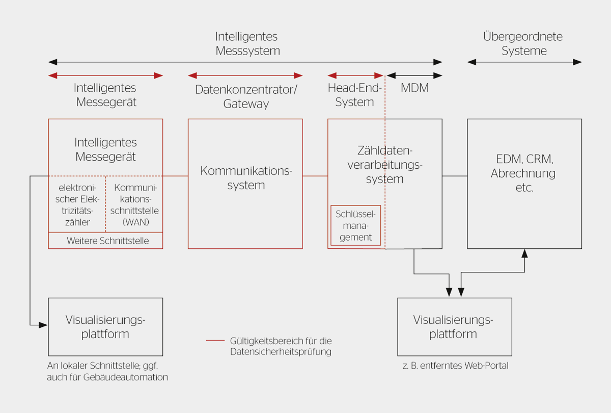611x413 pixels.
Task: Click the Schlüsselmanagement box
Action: point(356,225)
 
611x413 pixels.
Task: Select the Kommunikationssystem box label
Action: point(246,178)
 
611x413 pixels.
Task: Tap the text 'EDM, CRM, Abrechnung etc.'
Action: point(524,172)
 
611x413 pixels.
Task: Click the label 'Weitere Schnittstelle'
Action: point(108,241)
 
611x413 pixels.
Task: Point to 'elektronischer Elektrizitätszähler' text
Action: point(78,204)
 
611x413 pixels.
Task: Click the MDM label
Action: point(414,88)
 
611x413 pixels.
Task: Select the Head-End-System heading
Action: point(355,95)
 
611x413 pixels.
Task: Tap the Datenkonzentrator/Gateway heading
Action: point(246,96)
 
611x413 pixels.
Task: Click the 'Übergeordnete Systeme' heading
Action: point(524,44)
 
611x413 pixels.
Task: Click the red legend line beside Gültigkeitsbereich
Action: point(215,341)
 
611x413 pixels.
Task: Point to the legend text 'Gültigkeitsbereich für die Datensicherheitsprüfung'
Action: point(281,346)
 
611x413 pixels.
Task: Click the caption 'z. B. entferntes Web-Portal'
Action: point(455,366)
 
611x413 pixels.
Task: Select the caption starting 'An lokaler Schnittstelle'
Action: point(107,372)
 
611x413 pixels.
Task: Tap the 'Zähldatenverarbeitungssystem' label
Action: point(384,165)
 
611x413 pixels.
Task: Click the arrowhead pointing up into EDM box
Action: point(524,253)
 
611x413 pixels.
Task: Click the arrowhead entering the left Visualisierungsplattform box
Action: point(44,324)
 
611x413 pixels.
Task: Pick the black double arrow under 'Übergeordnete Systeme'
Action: point(524,62)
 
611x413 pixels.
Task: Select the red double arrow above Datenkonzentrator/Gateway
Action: point(245,75)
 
